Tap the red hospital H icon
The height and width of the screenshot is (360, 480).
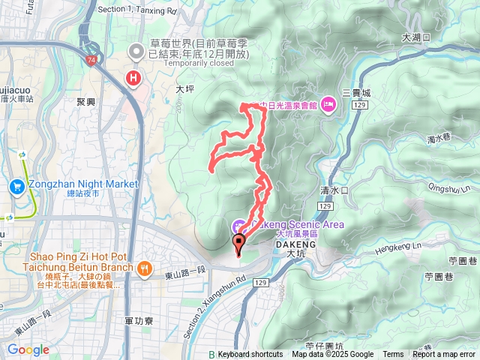[134, 77]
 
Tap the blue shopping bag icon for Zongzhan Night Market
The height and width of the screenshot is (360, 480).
[16, 184]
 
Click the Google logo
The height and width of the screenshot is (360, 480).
[28, 349]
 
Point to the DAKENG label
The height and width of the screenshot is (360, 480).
[295, 244]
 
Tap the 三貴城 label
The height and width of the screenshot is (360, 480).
[355, 93]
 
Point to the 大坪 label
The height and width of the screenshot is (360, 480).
[184, 88]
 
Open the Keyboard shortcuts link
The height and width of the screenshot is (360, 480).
[250, 355]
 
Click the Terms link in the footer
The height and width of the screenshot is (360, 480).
[393, 355]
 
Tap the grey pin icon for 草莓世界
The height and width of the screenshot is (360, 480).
[136, 52]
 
